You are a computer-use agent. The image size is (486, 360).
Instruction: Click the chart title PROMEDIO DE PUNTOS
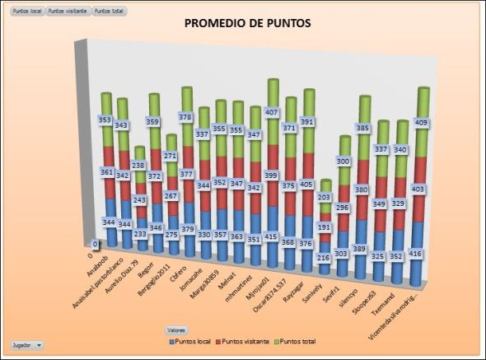pyautogui.click(x=247, y=24)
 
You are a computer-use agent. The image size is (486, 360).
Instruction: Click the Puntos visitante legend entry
pyautogui.click(x=246, y=340)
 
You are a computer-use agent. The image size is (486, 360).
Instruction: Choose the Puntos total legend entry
pyautogui.click(x=299, y=340)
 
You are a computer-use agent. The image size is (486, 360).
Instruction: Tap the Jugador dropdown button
pyautogui.click(x=27, y=344)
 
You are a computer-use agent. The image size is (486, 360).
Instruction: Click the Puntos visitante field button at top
pyautogui.click(x=68, y=12)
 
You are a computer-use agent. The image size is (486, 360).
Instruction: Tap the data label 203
pyautogui.click(x=325, y=197)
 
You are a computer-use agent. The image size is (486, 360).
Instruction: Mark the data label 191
pyautogui.click(x=324, y=226)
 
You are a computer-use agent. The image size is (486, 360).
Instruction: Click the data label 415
pyautogui.click(x=271, y=236)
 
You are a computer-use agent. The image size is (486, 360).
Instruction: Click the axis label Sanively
pyautogui.click(x=309, y=280)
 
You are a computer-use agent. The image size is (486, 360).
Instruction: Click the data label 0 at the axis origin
pyautogui.click(x=95, y=244)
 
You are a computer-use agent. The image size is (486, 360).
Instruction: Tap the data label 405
pyautogui.click(x=306, y=185)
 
